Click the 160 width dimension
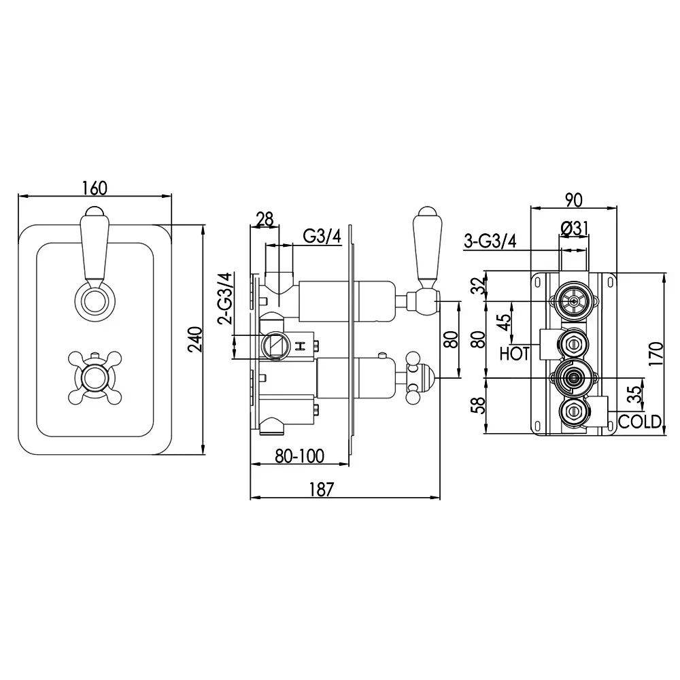coord(95,188)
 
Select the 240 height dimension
coord(196,339)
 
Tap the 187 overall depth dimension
coord(322,489)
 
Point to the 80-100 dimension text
coord(300,456)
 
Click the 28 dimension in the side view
coord(265,219)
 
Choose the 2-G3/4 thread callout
coord(226,299)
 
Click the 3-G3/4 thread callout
coord(490,241)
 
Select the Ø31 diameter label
coord(574,228)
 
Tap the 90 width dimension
coord(573,200)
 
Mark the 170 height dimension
coord(656,354)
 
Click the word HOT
coord(515,354)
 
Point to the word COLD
coord(640,422)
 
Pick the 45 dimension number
coord(504,322)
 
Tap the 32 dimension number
coord(479,286)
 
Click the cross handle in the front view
coord(95,377)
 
